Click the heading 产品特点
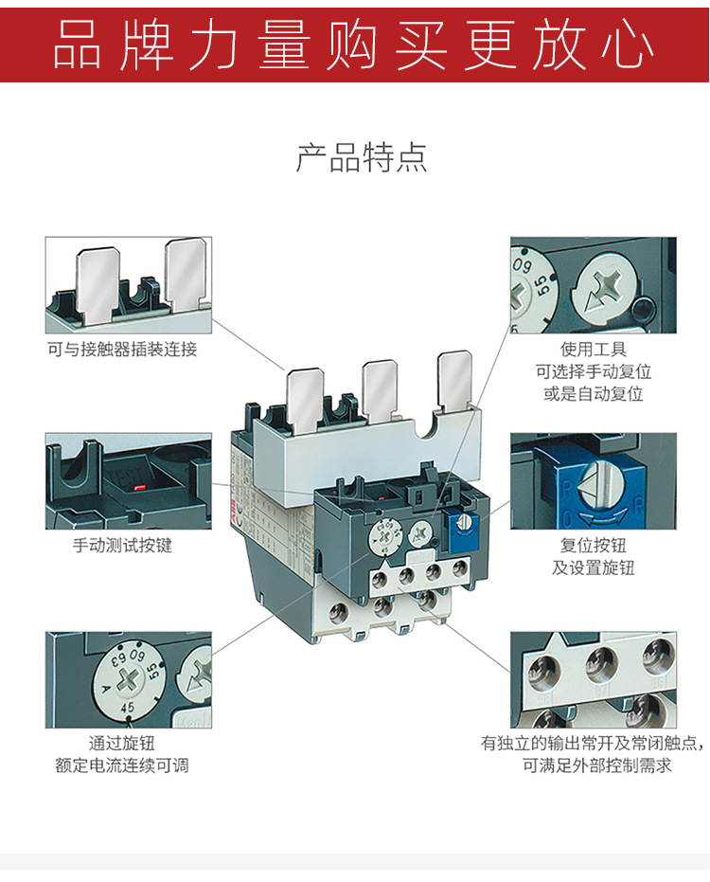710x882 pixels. [x=362, y=157]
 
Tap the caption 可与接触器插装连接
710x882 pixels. [x=122, y=350]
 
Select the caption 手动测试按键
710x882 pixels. [x=122, y=545]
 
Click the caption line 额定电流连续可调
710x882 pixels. [x=122, y=765]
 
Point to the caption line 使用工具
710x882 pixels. [x=593, y=349]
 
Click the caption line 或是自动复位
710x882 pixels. [x=593, y=394]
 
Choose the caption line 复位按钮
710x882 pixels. [x=593, y=545]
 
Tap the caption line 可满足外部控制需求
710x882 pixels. [x=597, y=765]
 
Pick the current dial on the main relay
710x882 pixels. [x=384, y=536]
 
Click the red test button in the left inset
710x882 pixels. [x=138, y=485]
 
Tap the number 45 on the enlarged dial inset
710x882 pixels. [x=128, y=708]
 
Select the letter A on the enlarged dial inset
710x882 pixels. [x=106, y=689]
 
